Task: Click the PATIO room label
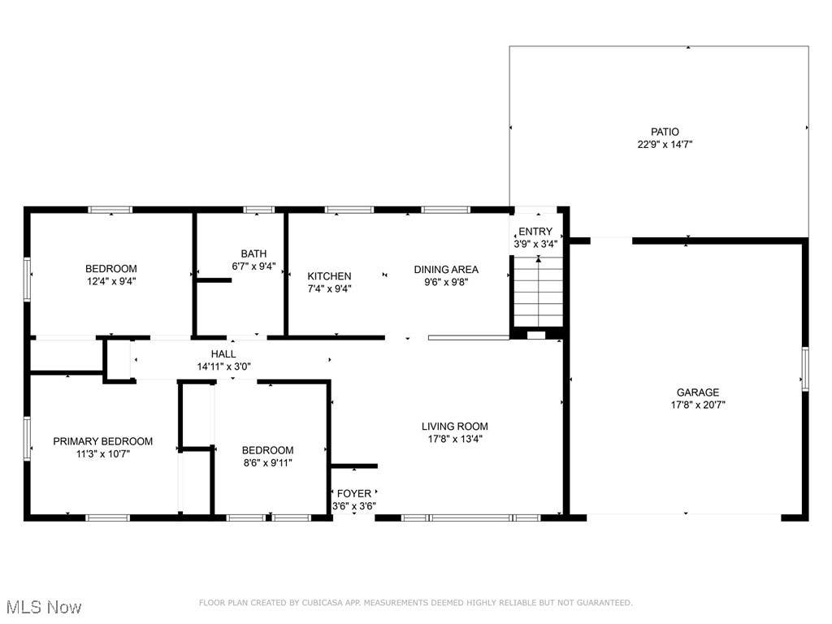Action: [665, 132]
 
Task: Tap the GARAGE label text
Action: [698, 392]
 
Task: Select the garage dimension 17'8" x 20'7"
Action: [698, 405]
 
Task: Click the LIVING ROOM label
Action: [455, 426]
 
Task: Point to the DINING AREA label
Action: [446, 270]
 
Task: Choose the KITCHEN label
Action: [329, 276]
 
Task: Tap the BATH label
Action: [253, 253]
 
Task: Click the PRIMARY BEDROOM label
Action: [103, 441]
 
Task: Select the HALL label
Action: [223, 354]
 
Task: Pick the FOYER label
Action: [354, 493]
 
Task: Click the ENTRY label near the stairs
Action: [535, 232]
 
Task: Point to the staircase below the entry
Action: [538, 292]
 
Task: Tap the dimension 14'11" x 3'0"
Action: [224, 366]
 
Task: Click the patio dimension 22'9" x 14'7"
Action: [665, 145]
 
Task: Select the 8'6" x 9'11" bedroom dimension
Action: [267, 462]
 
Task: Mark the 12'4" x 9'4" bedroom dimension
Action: [111, 281]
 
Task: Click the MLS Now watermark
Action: [44, 607]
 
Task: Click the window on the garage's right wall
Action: [805, 369]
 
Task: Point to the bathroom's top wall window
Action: [259, 210]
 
